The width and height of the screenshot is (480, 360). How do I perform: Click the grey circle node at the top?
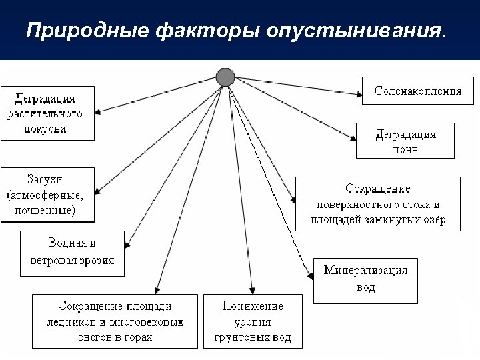tap(226, 77)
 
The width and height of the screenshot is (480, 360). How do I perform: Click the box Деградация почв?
tap(405, 141)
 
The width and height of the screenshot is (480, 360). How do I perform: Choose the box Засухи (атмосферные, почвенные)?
tap(46, 195)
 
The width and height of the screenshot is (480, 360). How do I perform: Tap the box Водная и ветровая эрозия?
tap(72, 251)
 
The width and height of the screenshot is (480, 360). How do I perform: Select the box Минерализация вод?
tap(365, 279)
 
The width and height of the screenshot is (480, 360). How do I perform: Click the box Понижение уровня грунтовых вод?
tap(252, 321)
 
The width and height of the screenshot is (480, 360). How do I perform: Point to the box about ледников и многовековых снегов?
tap(115, 321)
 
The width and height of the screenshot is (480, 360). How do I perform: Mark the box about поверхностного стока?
tap(377, 203)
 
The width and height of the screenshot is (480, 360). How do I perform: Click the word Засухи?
tap(45, 180)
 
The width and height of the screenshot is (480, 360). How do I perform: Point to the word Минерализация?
tap(365, 271)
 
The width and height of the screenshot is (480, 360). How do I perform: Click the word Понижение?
tap(252, 307)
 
